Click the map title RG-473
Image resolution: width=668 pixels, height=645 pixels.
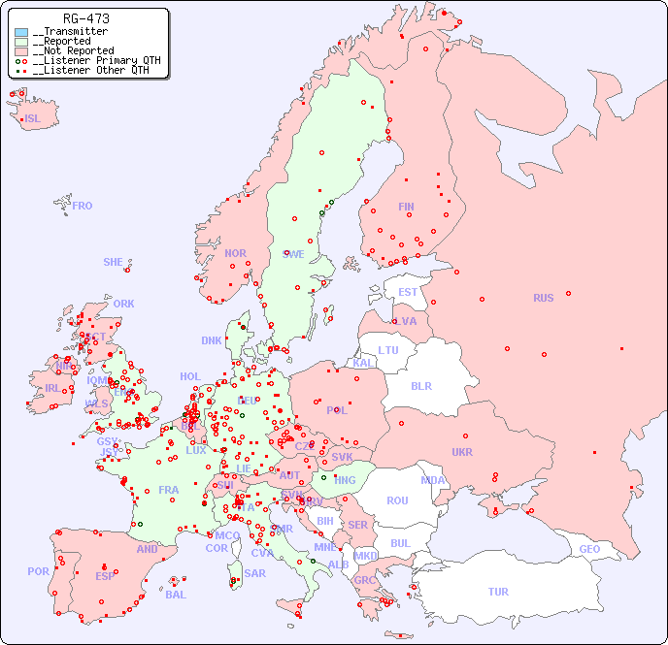click(85, 18)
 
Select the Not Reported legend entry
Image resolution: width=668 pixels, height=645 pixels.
click(73, 50)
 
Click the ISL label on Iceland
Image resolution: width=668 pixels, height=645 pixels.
click(33, 119)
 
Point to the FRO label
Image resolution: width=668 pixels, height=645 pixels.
click(83, 206)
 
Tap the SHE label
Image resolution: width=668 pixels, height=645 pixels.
click(114, 262)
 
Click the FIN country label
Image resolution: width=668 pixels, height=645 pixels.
click(406, 207)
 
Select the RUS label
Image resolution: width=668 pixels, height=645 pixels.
click(543, 298)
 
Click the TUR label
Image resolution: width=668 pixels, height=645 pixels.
click(498, 592)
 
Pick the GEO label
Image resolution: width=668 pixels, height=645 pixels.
click(589, 549)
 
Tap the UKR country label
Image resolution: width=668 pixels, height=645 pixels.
click(462, 452)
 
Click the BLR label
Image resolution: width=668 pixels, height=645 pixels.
click(420, 385)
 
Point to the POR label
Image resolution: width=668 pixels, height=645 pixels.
click(38, 571)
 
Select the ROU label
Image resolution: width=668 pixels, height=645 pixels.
click(397, 500)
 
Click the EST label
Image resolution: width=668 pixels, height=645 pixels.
click(408, 292)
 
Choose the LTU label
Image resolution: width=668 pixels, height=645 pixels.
click(388, 350)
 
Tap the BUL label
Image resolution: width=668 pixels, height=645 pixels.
click(400, 543)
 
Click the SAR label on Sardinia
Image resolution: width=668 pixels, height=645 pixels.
click(255, 573)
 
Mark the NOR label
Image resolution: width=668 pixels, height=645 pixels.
click(235, 253)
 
